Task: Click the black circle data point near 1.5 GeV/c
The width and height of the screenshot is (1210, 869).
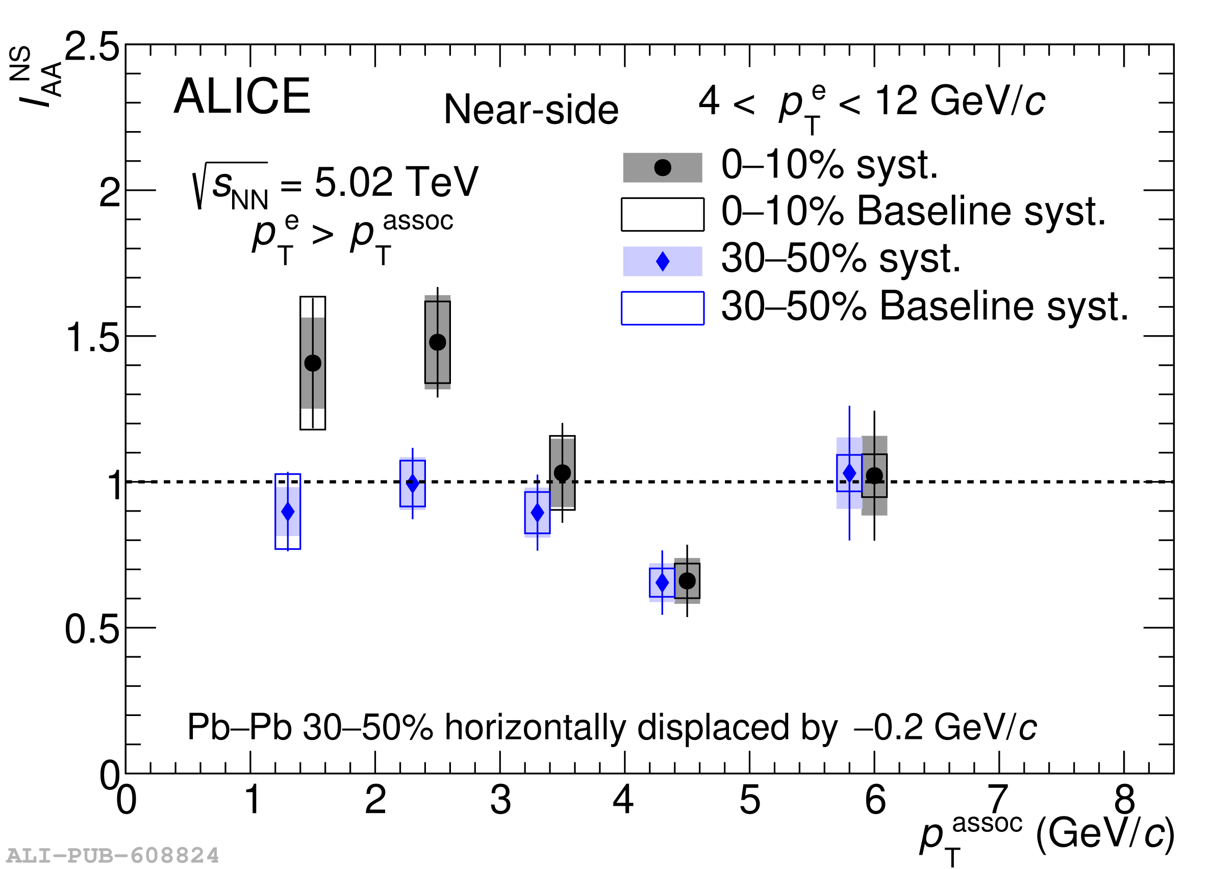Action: coord(313,363)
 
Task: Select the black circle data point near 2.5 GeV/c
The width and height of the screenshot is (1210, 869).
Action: coord(438,342)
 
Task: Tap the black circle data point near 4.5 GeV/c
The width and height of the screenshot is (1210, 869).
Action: coord(687,580)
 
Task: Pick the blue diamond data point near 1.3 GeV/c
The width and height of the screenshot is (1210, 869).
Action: coord(288,512)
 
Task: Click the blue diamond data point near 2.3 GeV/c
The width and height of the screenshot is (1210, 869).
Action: coord(412,483)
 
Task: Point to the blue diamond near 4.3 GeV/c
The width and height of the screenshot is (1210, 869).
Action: coord(662,582)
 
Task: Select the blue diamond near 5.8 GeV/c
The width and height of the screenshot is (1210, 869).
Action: coord(849,473)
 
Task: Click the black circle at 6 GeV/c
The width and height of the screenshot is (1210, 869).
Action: coord(874,475)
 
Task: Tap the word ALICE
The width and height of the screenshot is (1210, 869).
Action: coord(242,96)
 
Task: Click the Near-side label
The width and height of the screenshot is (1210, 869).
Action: coord(531,110)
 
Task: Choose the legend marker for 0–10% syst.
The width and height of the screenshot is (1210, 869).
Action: coord(663,167)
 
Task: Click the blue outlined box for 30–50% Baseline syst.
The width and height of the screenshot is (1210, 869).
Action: coord(663,309)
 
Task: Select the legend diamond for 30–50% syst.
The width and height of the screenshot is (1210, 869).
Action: coord(663,262)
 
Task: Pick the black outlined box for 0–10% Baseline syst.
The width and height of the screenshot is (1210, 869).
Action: coord(663,215)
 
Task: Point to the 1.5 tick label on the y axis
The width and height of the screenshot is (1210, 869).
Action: coord(92,338)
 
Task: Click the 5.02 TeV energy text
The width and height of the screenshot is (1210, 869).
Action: coord(396,183)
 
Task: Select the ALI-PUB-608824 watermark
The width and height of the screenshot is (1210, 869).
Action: coord(113,855)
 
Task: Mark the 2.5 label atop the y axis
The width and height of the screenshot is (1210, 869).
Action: coord(92,47)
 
